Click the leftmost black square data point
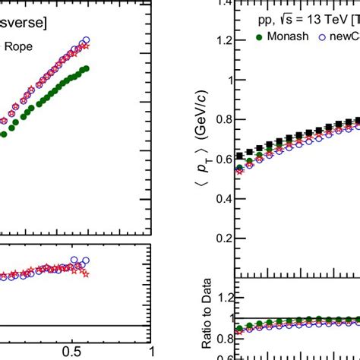point(240,155)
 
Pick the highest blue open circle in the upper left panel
point(86,40)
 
